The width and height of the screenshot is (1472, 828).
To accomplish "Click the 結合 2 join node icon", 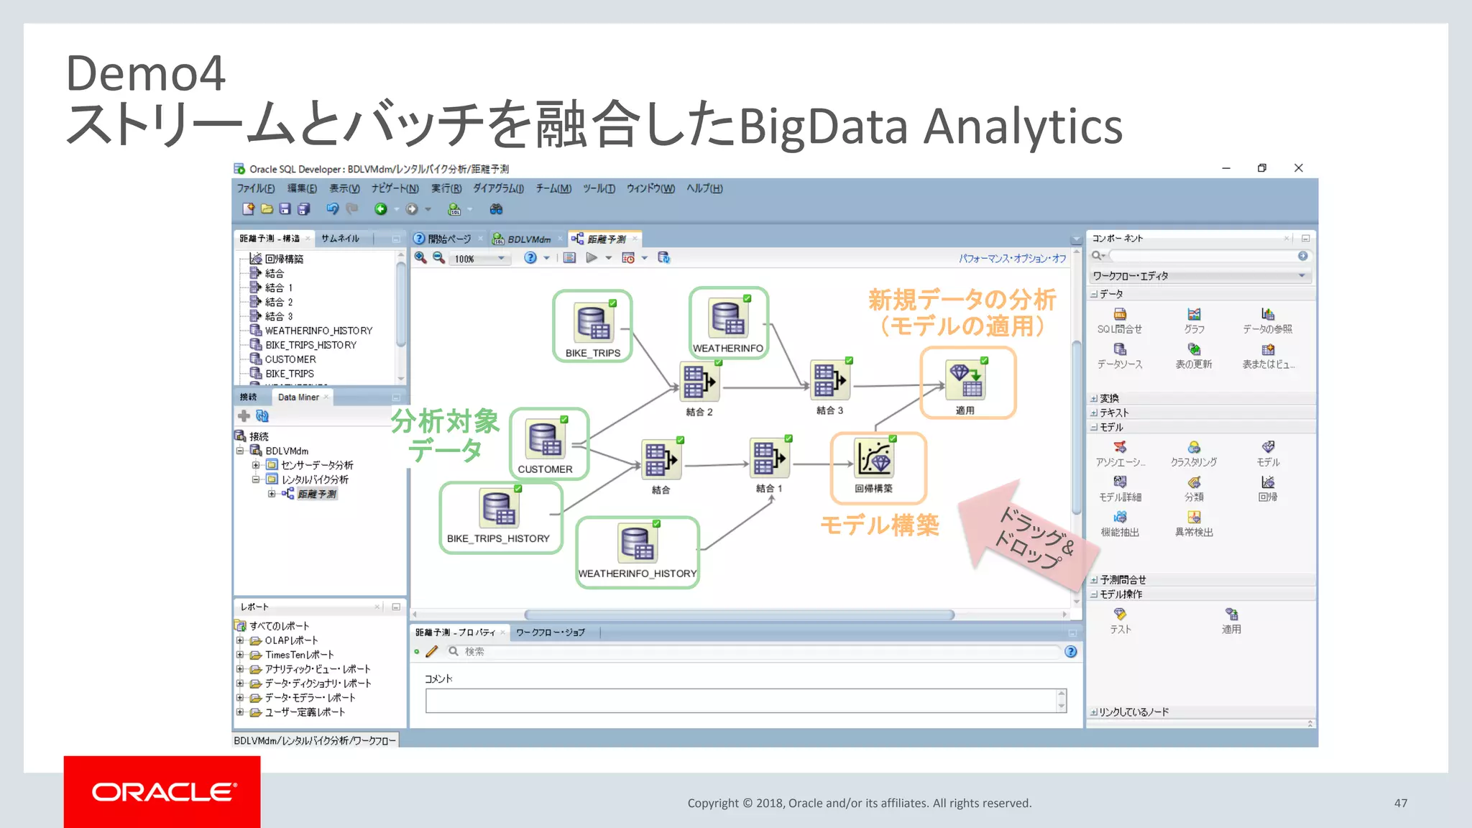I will (x=699, y=381).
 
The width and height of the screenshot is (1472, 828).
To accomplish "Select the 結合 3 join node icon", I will (x=829, y=380).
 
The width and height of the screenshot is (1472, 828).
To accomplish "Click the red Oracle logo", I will (x=162, y=791).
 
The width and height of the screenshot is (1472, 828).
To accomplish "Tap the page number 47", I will (x=1400, y=803).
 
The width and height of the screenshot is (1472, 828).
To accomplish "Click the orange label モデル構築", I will (x=880, y=525).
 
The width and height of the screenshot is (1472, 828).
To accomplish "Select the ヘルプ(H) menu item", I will (x=704, y=188).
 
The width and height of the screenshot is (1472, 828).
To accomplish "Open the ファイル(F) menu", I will (x=256, y=188).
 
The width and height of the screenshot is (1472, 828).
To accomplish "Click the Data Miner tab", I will (x=298, y=397).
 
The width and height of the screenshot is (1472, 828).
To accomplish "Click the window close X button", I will (x=1298, y=168).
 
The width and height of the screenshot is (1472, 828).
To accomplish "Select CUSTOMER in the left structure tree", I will (x=290, y=359).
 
